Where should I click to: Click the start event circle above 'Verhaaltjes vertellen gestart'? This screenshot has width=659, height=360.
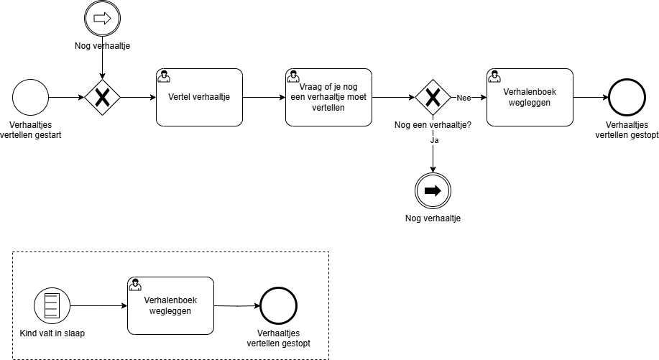(x=30, y=97)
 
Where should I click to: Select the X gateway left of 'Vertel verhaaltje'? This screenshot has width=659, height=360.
(x=102, y=97)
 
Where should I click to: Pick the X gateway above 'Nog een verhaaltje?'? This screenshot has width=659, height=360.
(x=433, y=97)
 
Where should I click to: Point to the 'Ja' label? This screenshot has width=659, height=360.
(x=433, y=141)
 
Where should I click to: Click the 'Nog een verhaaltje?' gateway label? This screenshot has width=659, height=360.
(x=433, y=125)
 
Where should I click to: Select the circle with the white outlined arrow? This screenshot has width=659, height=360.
(x=102, y=19)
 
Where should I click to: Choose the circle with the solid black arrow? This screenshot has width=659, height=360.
(x=433, y=190)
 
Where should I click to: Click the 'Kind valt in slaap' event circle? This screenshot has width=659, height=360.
(x=51, y=306)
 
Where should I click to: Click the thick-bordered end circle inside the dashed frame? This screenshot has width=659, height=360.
(x=277, y=306)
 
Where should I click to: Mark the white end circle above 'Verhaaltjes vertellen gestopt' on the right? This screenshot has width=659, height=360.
(x=627, y=97)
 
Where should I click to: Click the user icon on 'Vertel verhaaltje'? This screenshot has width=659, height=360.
(x=164, y=75)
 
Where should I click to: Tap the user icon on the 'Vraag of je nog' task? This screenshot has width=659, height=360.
(x=293, y=75)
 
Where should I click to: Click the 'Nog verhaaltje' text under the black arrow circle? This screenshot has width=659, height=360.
(x=433, y=218)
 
